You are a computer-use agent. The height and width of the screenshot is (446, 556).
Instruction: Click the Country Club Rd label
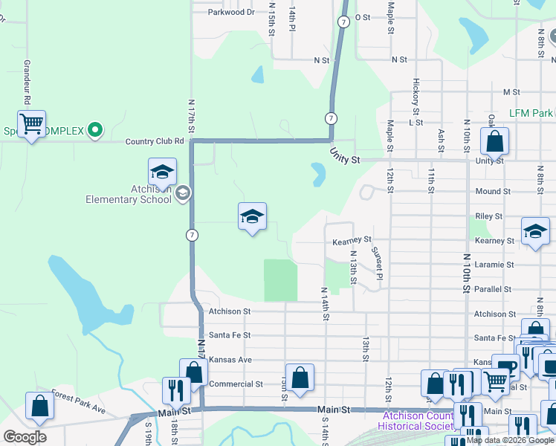point(155,141)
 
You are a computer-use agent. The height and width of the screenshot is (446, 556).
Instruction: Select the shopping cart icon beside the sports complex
point(32,124)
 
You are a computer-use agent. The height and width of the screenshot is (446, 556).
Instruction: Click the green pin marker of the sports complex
point(94,131)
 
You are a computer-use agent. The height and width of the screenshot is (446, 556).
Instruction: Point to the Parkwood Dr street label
point(231,12)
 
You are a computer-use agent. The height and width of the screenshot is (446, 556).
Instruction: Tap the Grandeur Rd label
point(27,82)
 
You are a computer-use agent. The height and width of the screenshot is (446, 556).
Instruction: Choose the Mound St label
point(493,191)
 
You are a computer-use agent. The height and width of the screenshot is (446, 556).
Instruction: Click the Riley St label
point(488,216)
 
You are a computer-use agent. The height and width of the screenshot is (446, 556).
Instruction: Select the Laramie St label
point(494,265)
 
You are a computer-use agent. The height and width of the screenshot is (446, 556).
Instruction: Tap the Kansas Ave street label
point(230,360)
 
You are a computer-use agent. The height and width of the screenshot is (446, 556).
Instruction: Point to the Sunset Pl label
point(377,264)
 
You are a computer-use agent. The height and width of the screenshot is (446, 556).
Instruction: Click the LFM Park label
point(531,113)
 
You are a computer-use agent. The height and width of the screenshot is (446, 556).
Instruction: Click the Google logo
point(25,436)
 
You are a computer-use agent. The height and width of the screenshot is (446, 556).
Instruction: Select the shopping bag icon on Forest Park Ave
point(39,406)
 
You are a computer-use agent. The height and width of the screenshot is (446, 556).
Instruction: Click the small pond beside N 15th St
point(257,74)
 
